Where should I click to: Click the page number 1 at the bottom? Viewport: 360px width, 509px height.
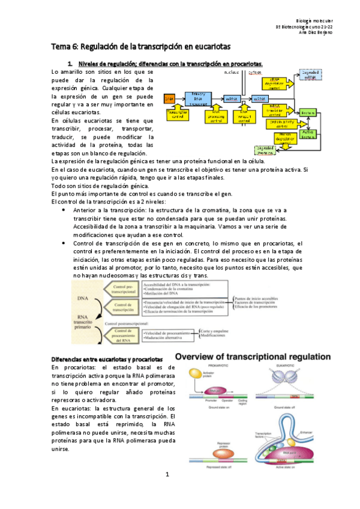tap(169, 491)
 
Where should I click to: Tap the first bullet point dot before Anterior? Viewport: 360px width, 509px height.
tap(64, 211)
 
